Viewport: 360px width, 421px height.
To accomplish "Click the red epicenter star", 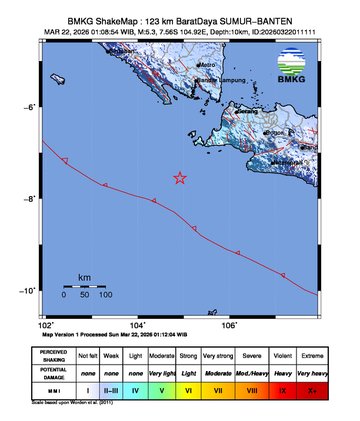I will [x=180, y=178].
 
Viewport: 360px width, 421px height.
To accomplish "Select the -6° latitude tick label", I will [x=30, y=106].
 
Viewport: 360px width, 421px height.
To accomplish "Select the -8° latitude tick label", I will [x=30, y=199].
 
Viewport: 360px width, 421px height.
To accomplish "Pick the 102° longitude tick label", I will [x=46, y=325].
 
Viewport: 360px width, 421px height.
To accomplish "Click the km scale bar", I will [x=85, y=285].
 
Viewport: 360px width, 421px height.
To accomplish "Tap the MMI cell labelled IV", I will [x=134, y=391].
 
